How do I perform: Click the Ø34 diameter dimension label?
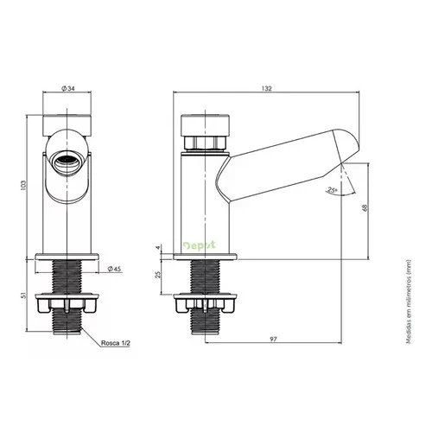click(x=68, y=88)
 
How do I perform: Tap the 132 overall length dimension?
click(x=266, y=88)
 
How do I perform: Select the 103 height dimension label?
click(x=23, y=185)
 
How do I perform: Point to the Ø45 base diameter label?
click(x=114, y=269)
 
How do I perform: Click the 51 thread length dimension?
click(x=23, y=295)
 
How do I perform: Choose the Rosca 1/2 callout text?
click(x=116, y=343)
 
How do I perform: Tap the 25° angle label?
click(x=333, y=190)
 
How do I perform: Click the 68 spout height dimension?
click(x=365, y=208)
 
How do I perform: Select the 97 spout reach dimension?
click(x=273, y=340)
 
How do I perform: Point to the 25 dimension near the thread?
click(x=157, y=275)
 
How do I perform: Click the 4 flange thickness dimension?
click(x=157, y=248)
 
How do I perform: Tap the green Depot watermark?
click(x=200, y=245)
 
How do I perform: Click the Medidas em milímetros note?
click(x=408, y=302)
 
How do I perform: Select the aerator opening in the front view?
click(x=67, y=162)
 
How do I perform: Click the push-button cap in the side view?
click(x=205, y=125)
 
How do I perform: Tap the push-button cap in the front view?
click(x=67, y=125)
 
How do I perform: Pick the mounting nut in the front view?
click(x=67, y=303)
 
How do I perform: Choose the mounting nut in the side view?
click(x=205, y=303)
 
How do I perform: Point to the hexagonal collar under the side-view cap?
click(x=205, y=143)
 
